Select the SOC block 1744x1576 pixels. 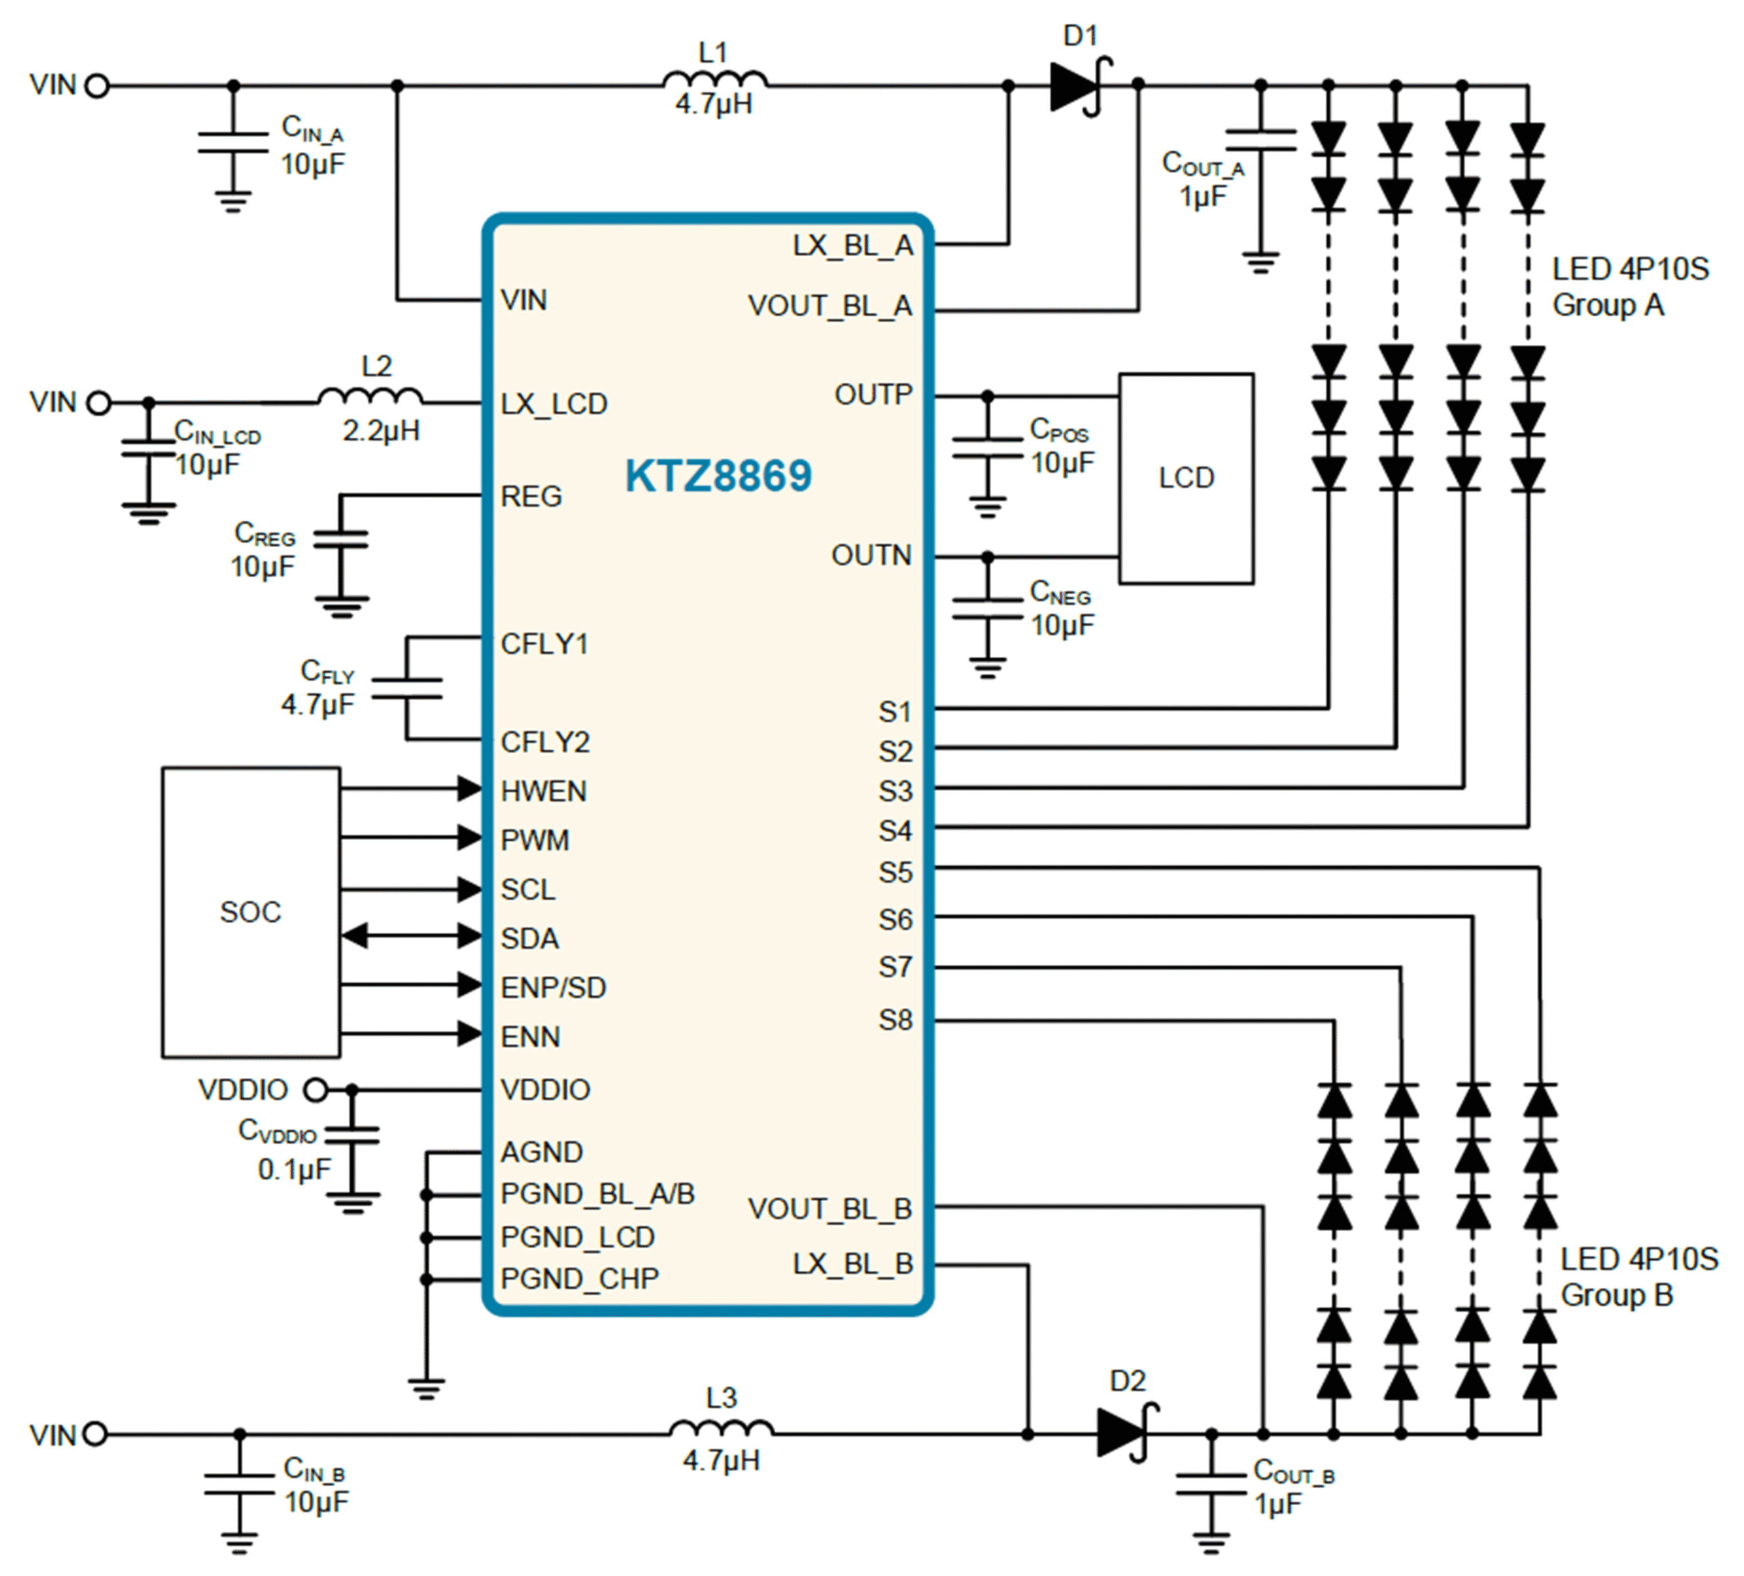point(251,912)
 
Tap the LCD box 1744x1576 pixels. point(1186,478)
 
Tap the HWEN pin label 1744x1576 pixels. point(543,791)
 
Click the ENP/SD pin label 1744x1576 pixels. point(554,987)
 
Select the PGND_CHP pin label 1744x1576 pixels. point(580,1278)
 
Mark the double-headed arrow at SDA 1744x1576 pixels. point(411,936)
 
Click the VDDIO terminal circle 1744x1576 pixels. point(317,1090)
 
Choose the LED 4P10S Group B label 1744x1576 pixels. point(1638,1277)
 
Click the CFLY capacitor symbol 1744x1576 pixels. point(407,688)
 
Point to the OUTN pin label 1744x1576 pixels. point(871,555)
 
